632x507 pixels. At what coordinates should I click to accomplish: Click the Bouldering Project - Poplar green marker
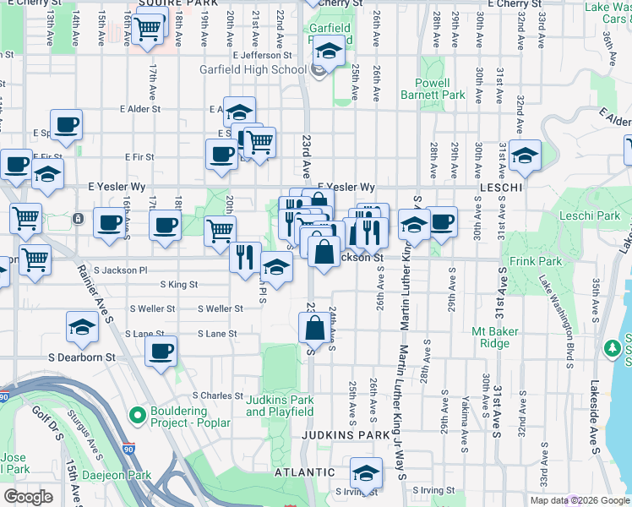[x=136, y=415]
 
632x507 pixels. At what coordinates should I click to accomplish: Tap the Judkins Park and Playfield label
[x=280, y=406]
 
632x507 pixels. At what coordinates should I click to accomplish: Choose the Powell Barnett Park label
[x=439, y=90]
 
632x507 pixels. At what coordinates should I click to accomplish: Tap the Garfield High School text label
[x=252, y=70]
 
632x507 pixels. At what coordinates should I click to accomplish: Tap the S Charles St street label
[x=217, y=395]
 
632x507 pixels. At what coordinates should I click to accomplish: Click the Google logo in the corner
[x=28, y=496]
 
